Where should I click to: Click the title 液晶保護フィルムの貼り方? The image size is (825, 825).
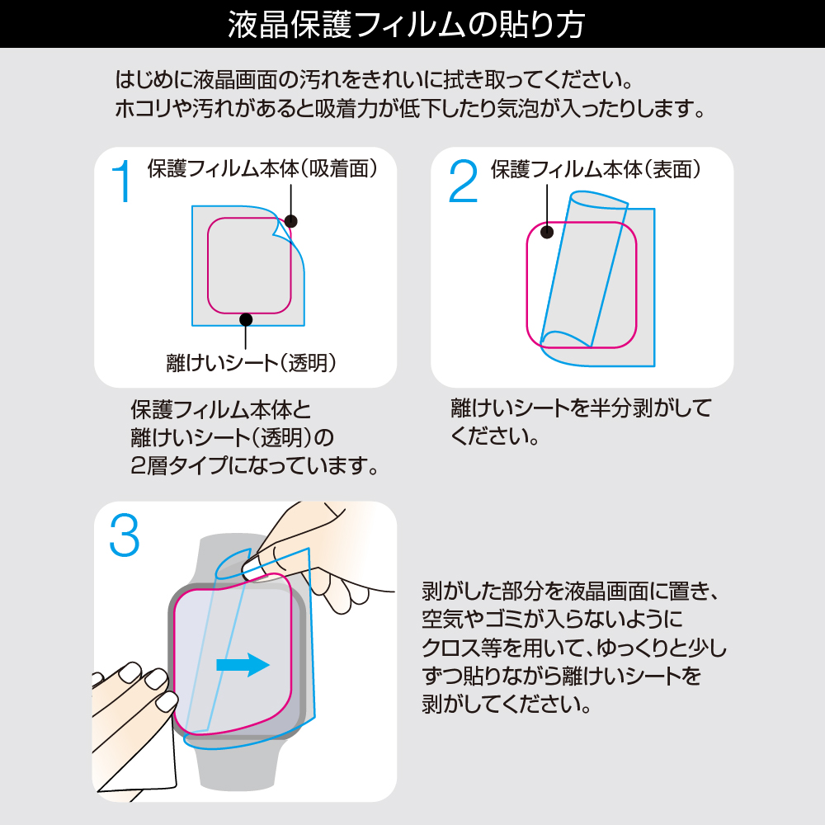406,24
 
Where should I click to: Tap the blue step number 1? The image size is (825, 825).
122,181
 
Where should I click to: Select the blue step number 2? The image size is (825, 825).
463,181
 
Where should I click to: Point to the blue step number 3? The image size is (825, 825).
125,535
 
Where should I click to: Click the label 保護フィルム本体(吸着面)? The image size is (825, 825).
262,168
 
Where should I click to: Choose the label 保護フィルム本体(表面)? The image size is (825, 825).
595,169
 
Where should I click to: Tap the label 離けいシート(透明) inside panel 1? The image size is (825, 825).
251,362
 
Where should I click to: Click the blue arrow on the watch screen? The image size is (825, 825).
243,665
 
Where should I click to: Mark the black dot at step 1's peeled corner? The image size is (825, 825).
290,221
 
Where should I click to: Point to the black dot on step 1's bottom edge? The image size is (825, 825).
246,318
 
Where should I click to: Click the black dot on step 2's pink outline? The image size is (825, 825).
547,232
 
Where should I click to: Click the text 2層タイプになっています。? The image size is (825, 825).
255,465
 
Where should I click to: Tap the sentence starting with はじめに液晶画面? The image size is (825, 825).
374,79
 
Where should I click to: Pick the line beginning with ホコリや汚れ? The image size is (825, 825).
410,108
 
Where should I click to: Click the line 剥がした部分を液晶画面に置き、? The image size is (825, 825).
570,592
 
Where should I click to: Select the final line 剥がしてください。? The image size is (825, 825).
507,704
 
